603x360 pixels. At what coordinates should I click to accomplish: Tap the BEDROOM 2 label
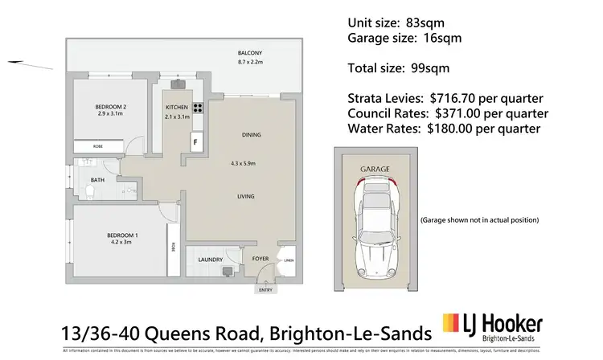[x=109, y=107]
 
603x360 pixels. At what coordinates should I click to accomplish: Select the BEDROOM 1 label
[x=122, y=235]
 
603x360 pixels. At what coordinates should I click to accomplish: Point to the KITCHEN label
[x=177, y=108]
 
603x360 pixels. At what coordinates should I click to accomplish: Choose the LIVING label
[x=246, y=195]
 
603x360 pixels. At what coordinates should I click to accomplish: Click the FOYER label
[x=260, y=260]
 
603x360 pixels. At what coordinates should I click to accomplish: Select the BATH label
[x=98, y=181]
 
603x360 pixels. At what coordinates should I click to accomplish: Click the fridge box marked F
[x=194, y=143]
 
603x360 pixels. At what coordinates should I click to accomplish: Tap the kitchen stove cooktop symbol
[x=195, y=108]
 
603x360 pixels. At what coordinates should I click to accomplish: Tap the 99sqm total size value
[x=435, y=69]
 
